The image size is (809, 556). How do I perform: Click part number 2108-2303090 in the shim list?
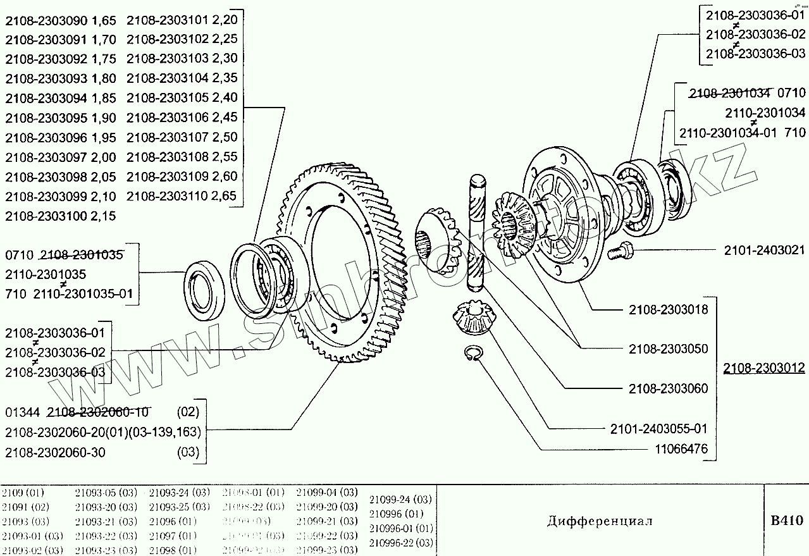(45, 20)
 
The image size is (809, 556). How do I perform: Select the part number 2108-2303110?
(167, 195)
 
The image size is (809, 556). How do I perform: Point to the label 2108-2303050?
(668, 349)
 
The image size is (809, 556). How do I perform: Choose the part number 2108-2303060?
(668, 388)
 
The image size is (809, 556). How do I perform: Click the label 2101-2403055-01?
(658, 429)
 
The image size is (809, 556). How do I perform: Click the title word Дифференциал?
(599, 521)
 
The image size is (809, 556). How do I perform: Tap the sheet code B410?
(786, 521)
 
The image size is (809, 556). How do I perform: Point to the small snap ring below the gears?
(474, 355)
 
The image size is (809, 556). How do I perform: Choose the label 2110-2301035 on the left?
(45, 275)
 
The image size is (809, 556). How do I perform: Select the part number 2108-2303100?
(45, 216)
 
